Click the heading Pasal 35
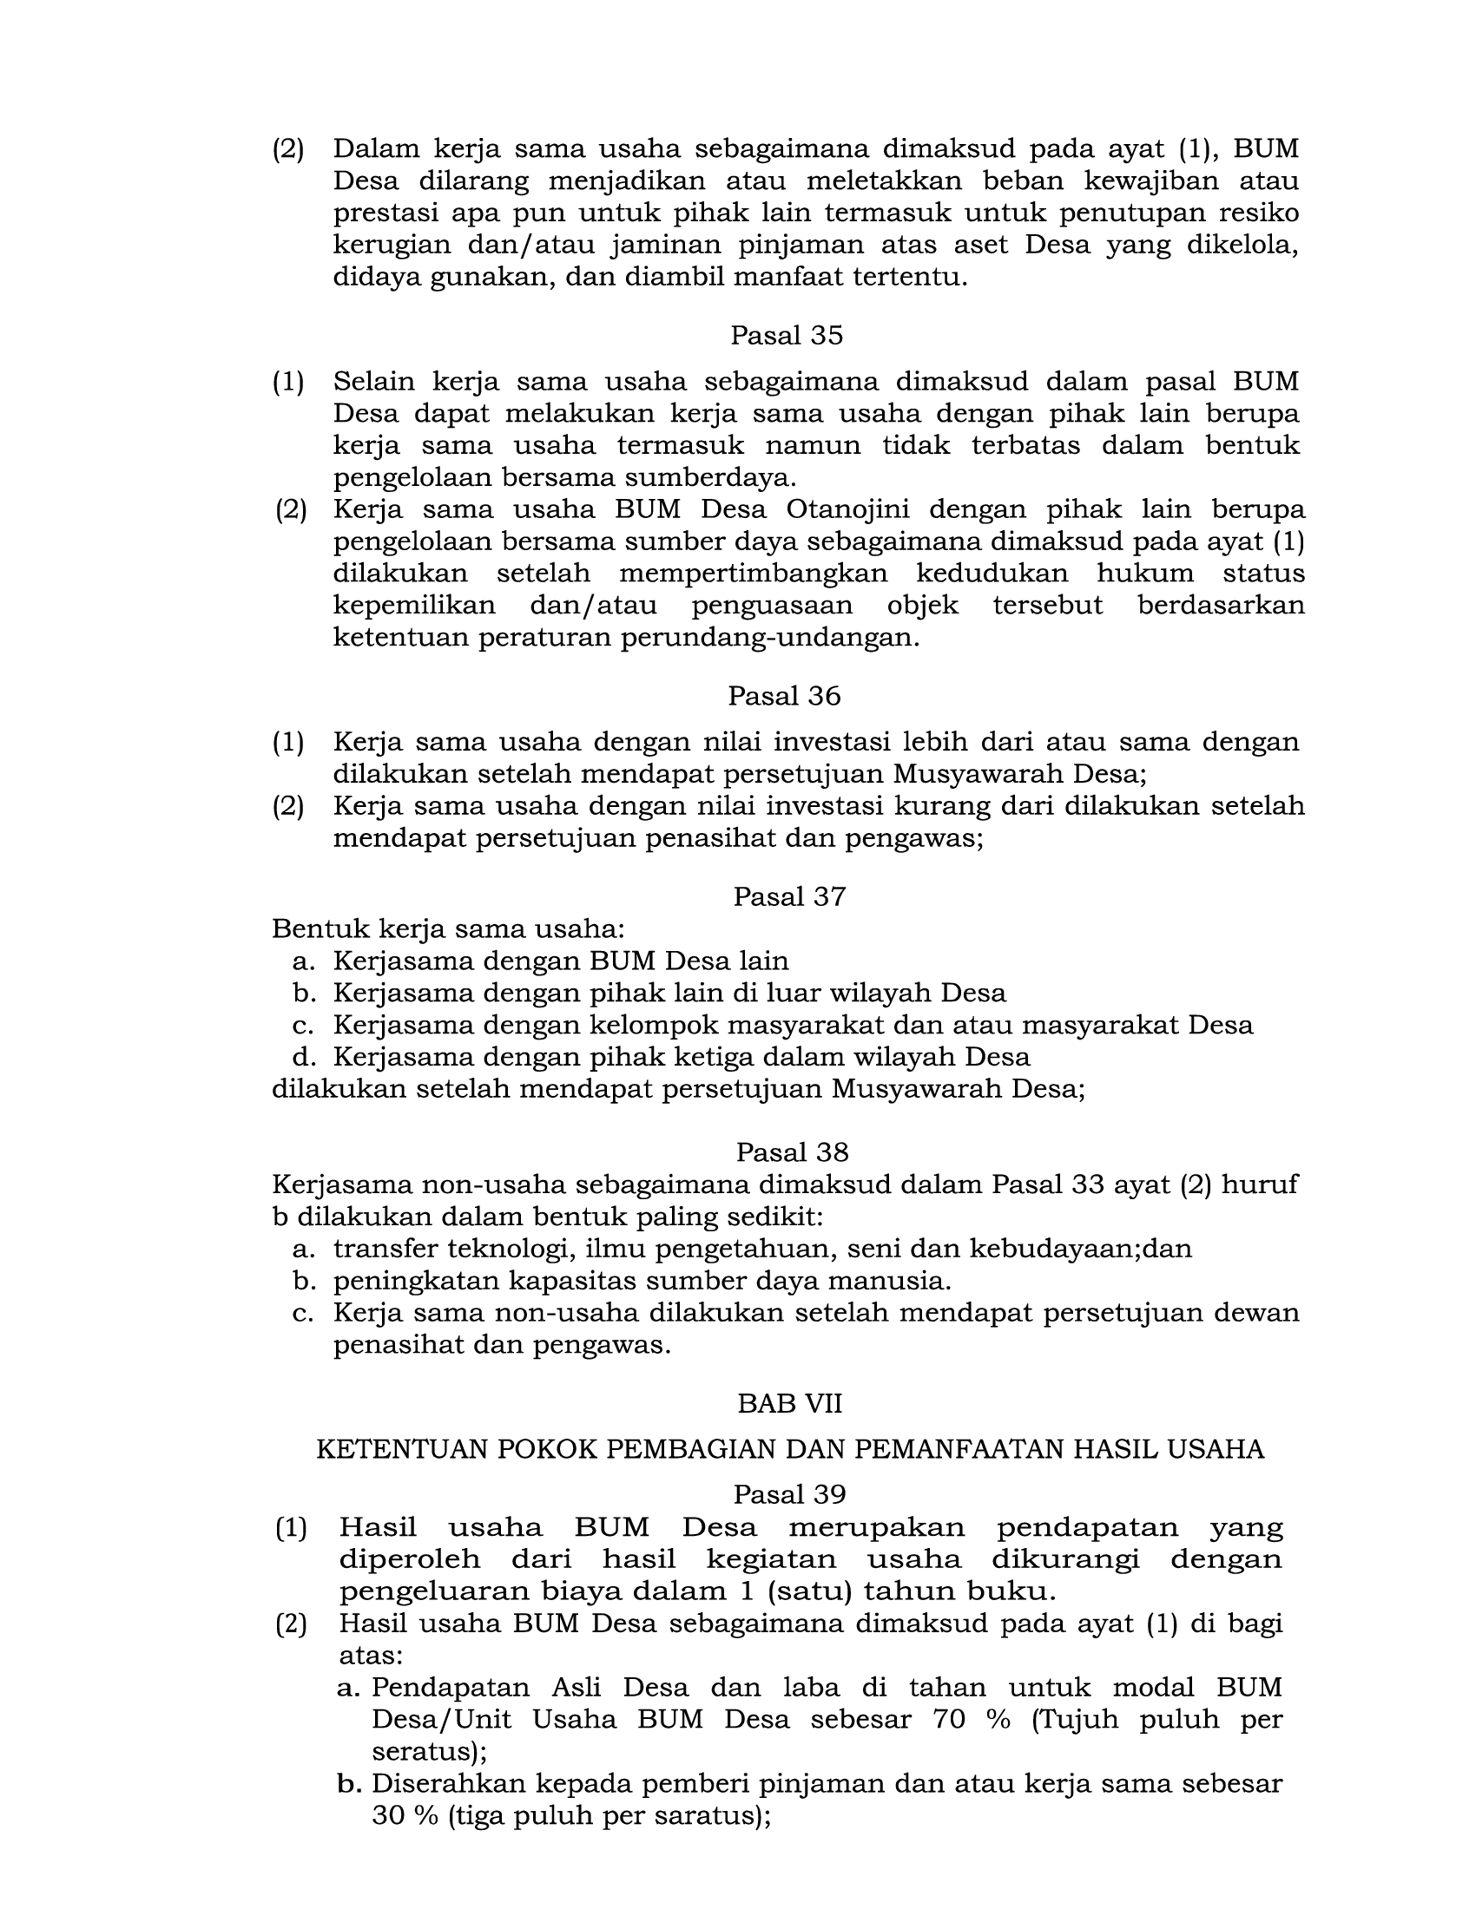coord(786,336)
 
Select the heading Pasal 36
coord(784,696)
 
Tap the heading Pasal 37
coord(788,897)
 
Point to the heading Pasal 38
coord(792,1152)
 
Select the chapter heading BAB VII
coord(789,1403)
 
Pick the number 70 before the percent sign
coord(950,1719)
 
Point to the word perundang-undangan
coord(770,638)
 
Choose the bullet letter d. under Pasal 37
coord(303,1058)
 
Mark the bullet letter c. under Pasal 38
coord(302,1313)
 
